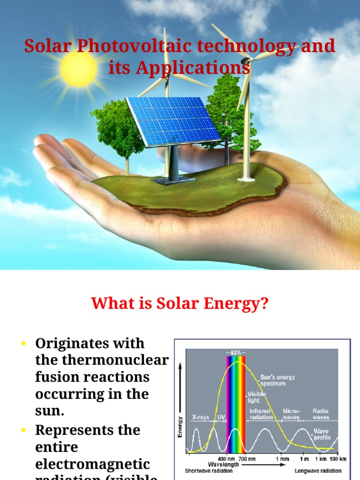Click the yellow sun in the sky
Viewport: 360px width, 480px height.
pyautogui.click(x=78, y=68)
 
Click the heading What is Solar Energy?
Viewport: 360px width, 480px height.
pyautogui.click(x=180, y=303)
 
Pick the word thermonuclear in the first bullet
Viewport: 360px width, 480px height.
pyautogui.click(x=102, y=360)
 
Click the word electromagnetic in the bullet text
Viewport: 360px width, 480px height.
pyautogui.click(x=93, y=464)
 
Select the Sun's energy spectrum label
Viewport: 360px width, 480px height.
pyautogui.click(x=277, y=380)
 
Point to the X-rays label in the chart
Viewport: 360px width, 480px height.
pyautogui.click(x=201, y=417)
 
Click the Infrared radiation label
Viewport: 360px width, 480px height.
pyautogui.click(x=261, y=414)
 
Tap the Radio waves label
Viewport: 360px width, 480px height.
pyautogui.click(x=321, y=414)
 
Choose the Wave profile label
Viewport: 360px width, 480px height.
pyautogui.click(x=321, y=434)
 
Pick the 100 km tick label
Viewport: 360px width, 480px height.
pyautogui.click(x=337, y=459)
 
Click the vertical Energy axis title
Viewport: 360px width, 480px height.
pyautogui.click(x=180, y=427)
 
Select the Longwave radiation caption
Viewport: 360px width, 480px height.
pyautogui.click(x=318, y=470)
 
